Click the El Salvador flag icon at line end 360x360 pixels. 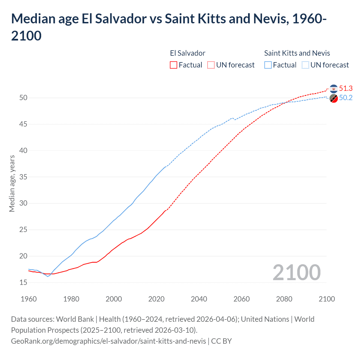(334, 89)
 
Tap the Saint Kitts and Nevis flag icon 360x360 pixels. (334, 98)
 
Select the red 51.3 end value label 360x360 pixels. (346, 88)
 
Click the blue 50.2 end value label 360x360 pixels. (346, 98)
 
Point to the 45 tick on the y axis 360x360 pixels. (23, 124)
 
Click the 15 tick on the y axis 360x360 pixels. (23, 282)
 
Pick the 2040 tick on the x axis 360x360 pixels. (199, 299)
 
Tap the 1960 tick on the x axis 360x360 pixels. (29, 299)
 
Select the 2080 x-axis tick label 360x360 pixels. (284, 299)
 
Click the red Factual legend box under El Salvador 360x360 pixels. (174, 65)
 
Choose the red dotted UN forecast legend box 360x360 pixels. (211, 65)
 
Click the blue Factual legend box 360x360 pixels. (268, 65)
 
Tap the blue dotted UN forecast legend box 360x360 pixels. (305, 65)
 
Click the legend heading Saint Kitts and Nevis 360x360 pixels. (297, 53)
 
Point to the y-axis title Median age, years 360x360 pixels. (12, 183)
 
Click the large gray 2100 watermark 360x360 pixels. (296, 273)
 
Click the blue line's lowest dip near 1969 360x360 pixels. (48, 276)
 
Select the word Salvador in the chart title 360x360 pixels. (121, 19)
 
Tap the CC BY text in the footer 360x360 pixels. (221, 341)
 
